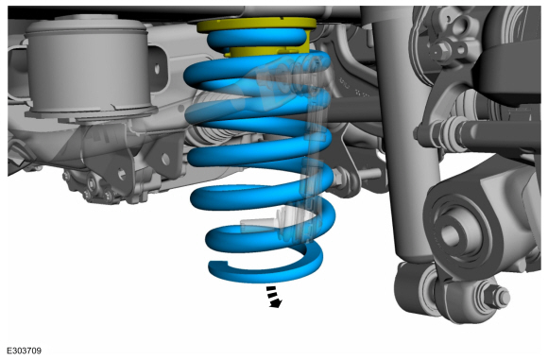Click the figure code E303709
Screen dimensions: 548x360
(x=25, y=351)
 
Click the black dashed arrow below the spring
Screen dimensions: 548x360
(x=274, y=297)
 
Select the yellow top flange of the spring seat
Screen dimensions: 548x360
(x=257, y=25)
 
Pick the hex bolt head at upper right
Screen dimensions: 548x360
(x=438, y=51)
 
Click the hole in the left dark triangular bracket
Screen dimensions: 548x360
(x=122, y=173)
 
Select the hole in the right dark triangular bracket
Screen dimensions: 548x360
(x=165, y=160)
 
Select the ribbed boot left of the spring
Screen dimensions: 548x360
(x=214, y=119)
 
